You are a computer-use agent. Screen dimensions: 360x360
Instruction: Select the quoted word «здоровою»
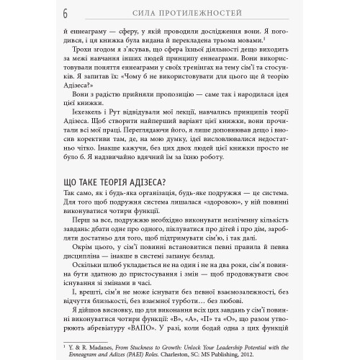coord(222,204)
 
